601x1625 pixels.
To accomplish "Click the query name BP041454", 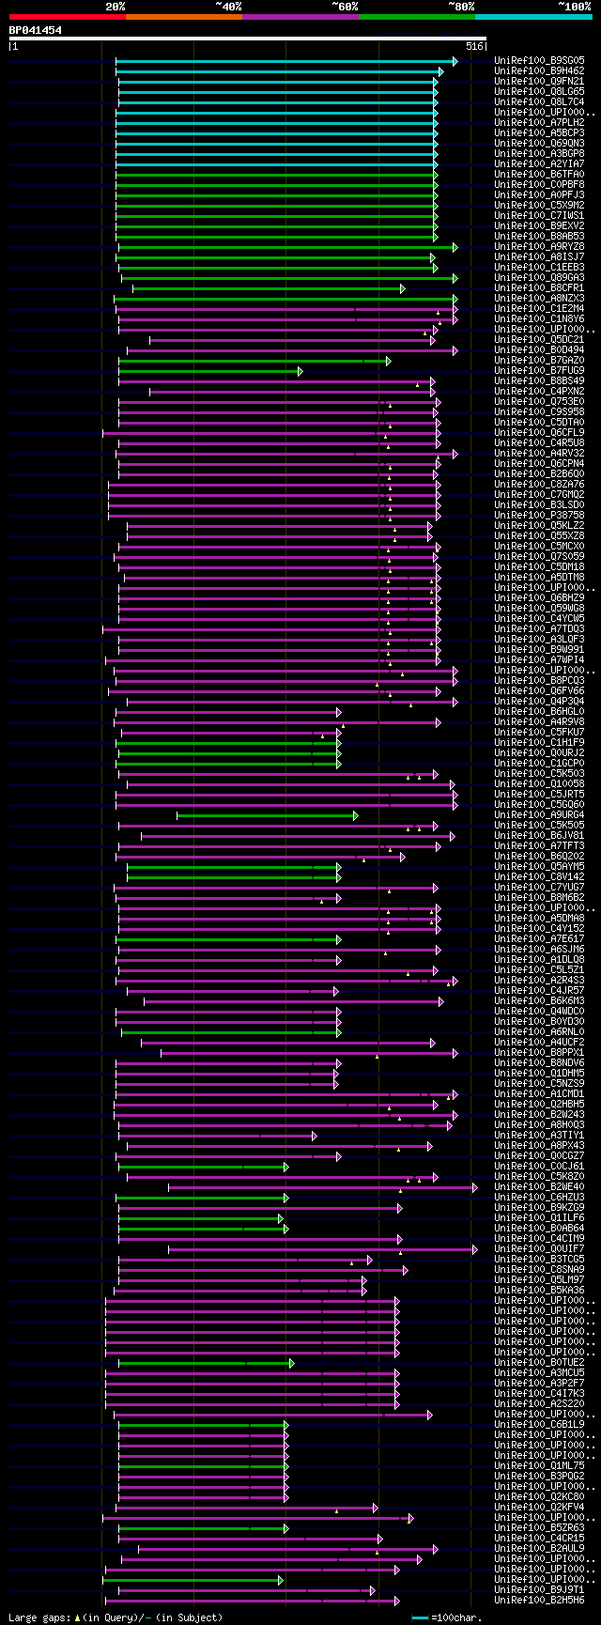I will [36, 30].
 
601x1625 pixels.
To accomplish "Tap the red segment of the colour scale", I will [67, 17].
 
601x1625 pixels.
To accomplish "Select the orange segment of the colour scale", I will [183, 17].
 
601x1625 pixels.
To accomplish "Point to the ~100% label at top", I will [574, 7].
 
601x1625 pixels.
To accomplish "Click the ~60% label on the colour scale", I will [344, 7].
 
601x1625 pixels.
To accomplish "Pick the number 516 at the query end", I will [474, 46].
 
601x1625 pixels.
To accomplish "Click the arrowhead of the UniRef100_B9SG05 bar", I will [455, 61].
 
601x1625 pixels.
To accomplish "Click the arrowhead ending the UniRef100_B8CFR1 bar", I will [402, 288].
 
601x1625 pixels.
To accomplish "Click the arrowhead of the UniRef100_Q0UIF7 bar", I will [474, 1249].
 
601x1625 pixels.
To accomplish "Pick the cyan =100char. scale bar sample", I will [420, 1617].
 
